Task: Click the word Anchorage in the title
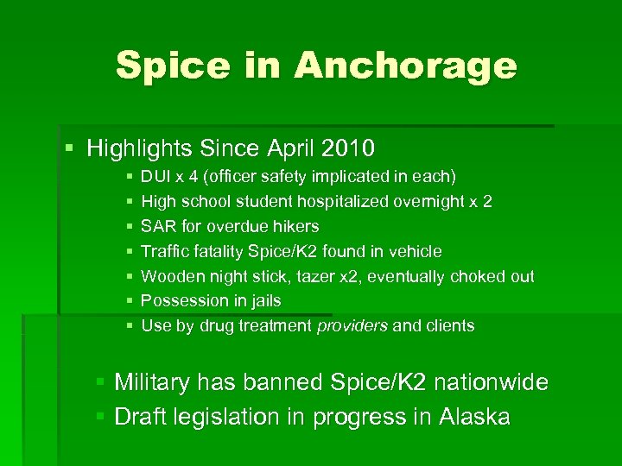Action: (405, 66)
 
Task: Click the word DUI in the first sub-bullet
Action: (155, 177)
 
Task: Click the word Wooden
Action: (168, 277)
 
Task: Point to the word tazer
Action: (296, 277)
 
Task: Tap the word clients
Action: (448, 326)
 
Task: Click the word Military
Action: (154, 382)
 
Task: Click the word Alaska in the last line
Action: (474, 418)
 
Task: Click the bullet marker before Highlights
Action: (69, 148)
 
